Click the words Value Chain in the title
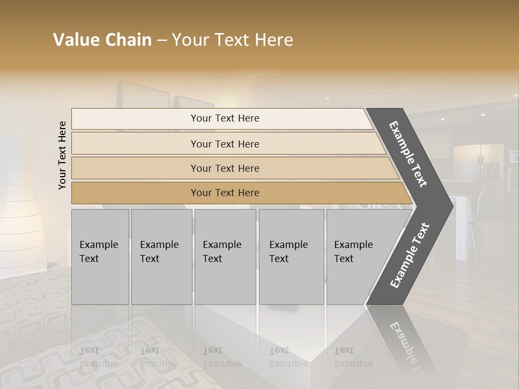(x=102, y=40)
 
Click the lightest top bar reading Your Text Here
(x=225, y=118)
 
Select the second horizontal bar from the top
(x=225, y=144)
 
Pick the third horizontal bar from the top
(x=225, y=168)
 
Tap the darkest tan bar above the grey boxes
(x=225, y=193)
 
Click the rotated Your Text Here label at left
(x=62, y=155)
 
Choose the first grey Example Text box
(x=100, y=257)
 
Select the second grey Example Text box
(x=161, y=257)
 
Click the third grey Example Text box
(x=225, y=257)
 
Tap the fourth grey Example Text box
(x=291, y=257)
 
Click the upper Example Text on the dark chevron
(x=408, y=154)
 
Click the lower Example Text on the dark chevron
(x=410, y=255)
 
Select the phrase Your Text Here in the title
(x=232, y=40)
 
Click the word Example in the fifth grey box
(x=354, y=245)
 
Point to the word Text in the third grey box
(x=212, y=259)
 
